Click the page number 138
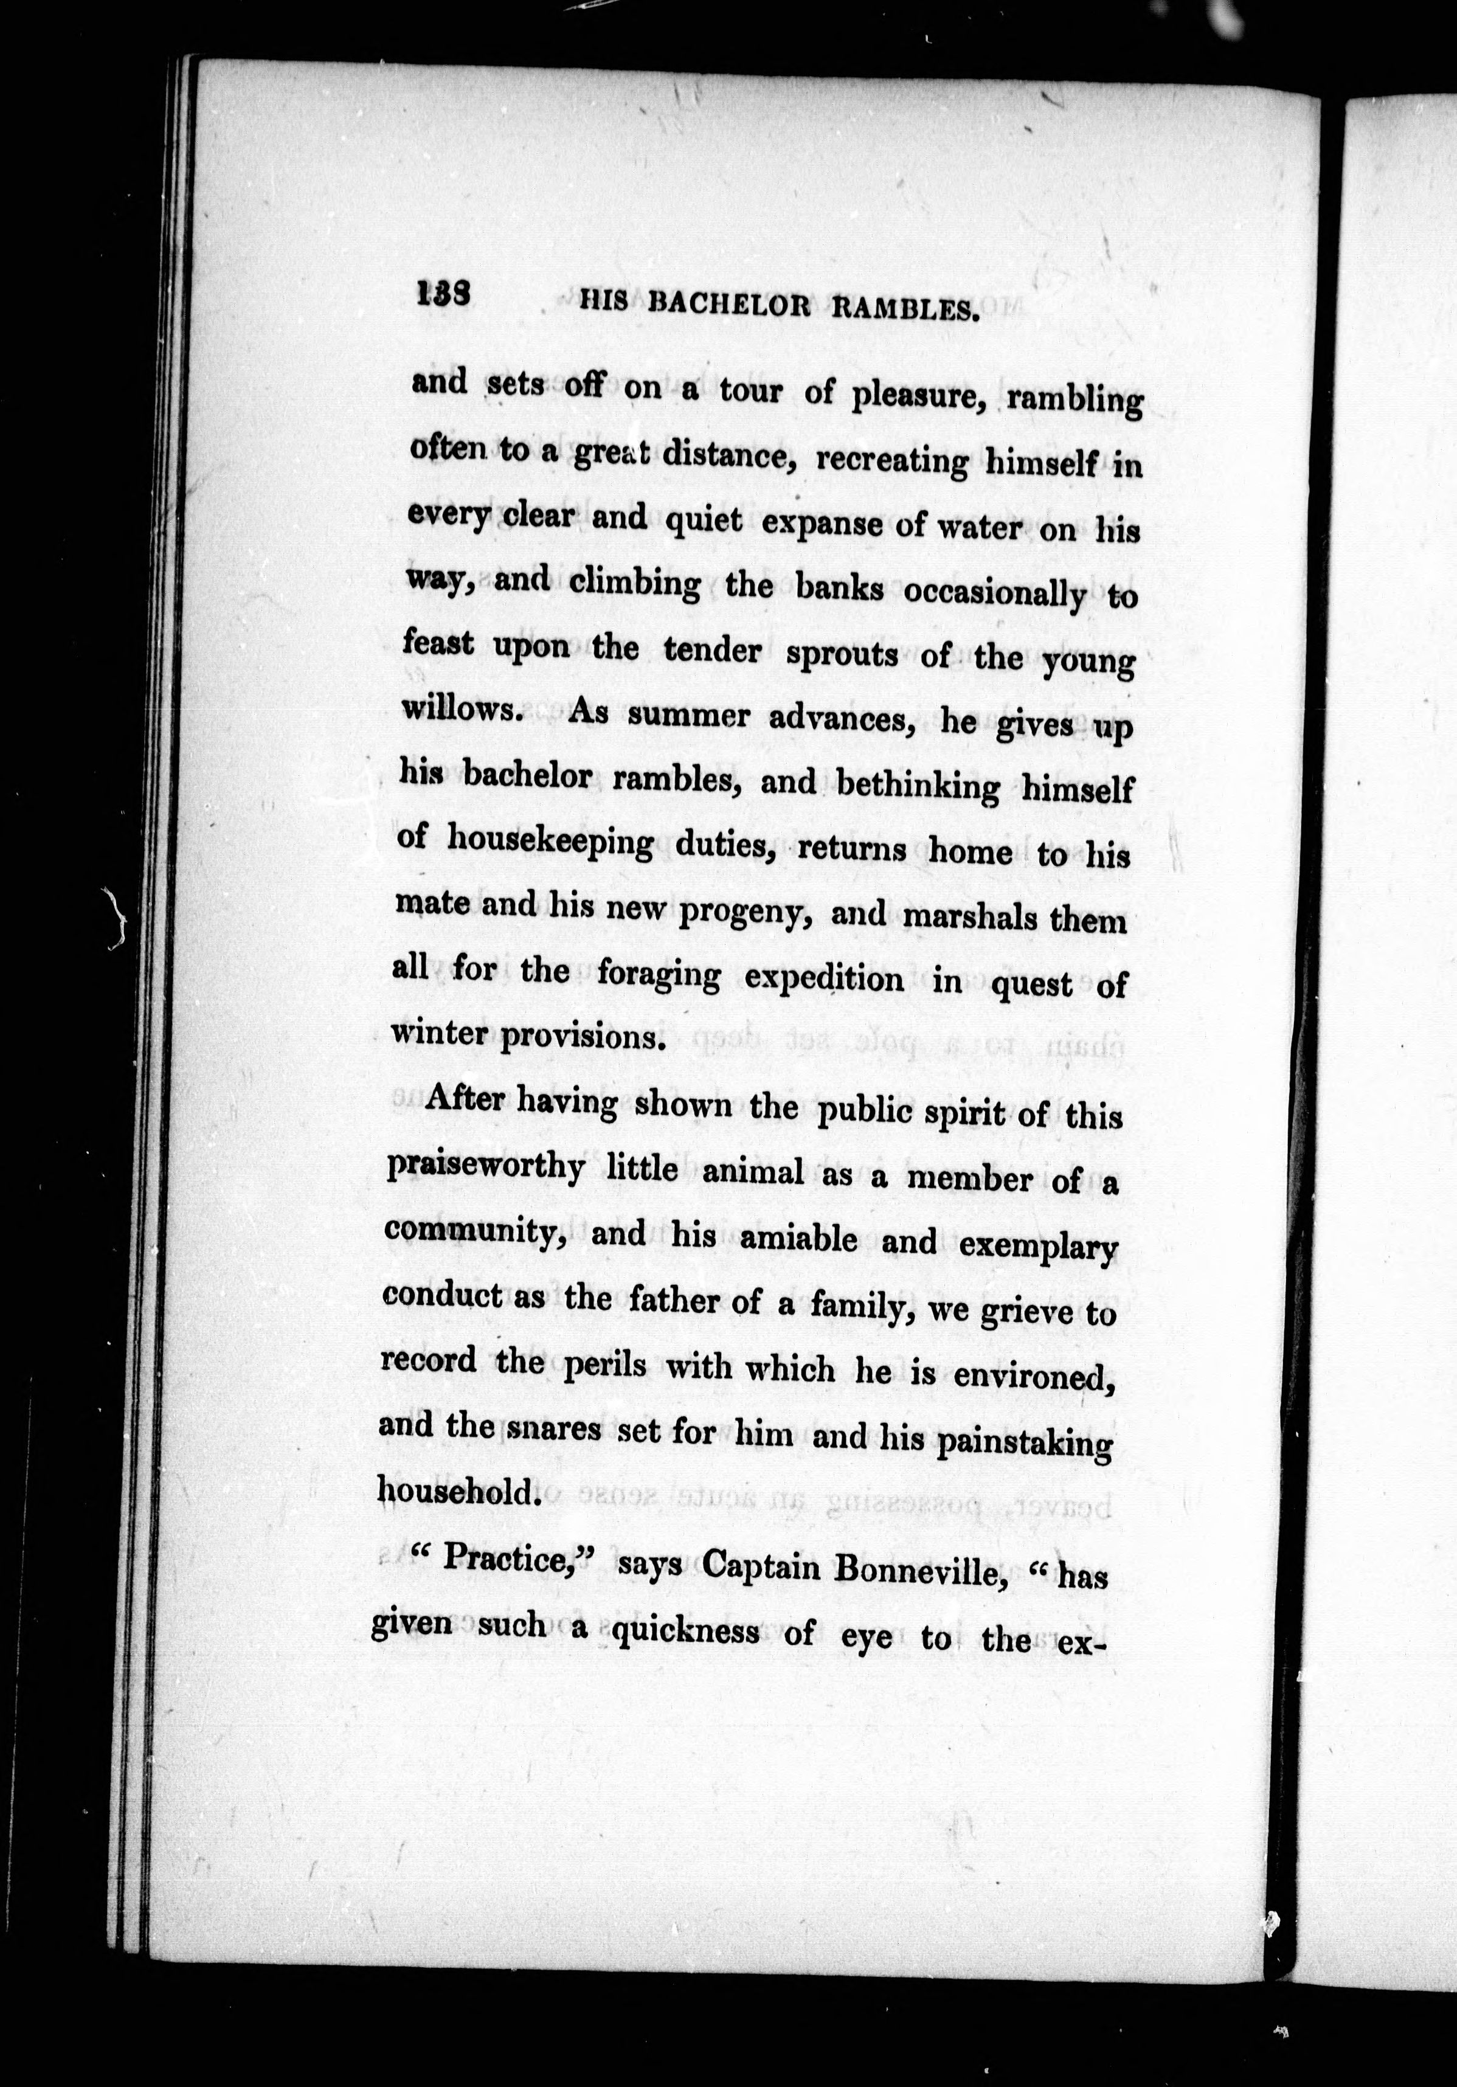[443, 294]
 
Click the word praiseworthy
[485, 1167]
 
